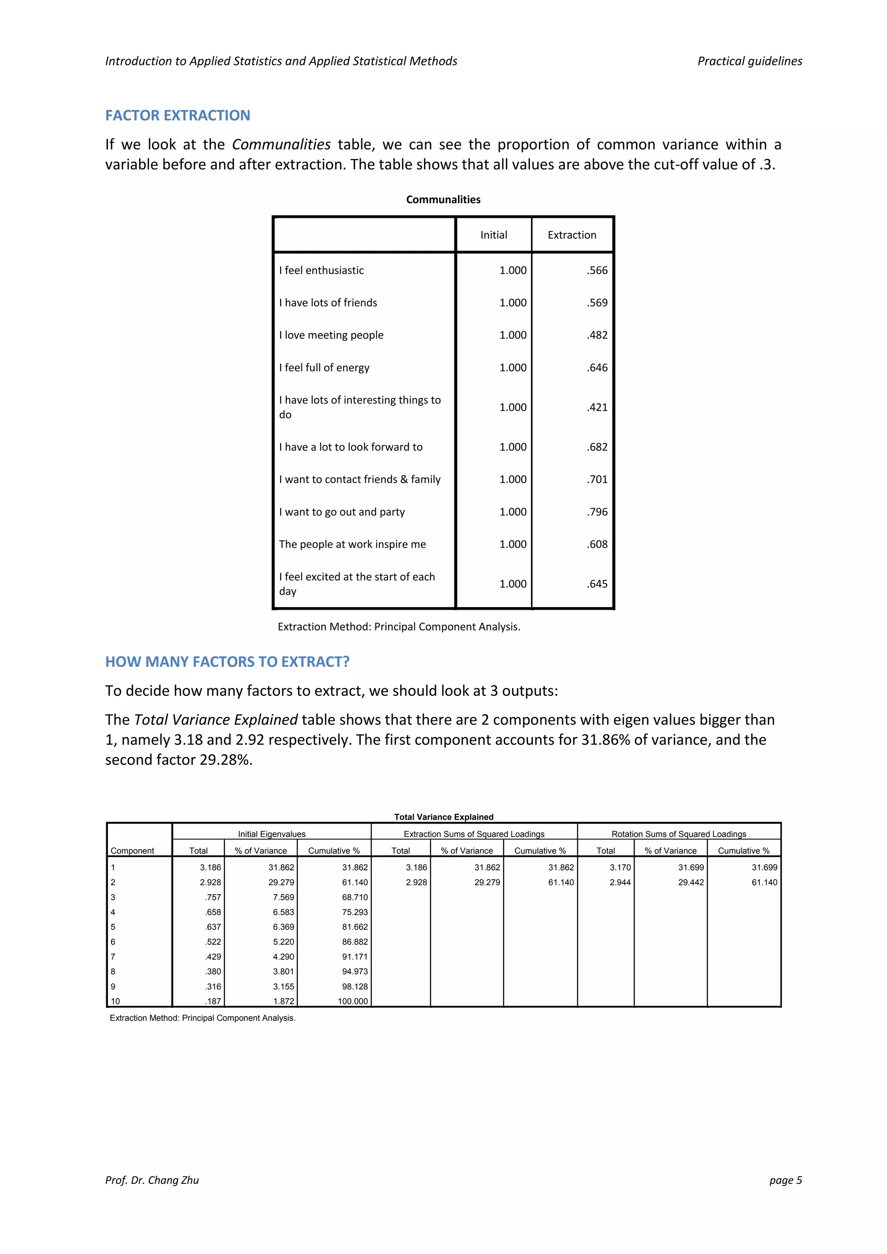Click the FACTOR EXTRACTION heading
[178, 115]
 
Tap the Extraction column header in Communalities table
[572, 235]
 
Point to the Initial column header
[493, 235]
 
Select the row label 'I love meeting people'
[331, 335]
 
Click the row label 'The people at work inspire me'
[352, 544]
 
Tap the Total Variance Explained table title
[443, 817]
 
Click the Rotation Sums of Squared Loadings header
[678, 834]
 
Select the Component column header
[132, 850]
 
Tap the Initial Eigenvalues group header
[272, 834]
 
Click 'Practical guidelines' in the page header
[749, 61]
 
